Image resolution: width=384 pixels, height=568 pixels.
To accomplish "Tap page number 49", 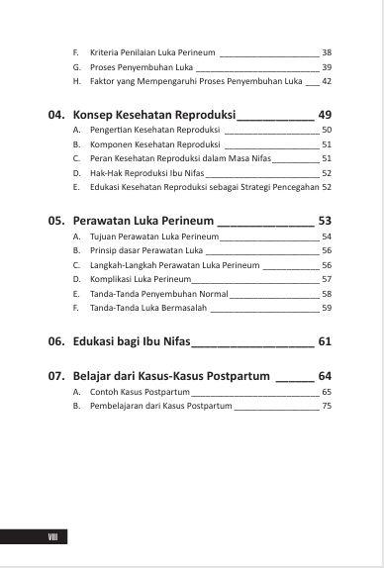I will coord(324,116).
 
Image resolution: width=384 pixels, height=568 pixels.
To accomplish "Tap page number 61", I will coord(324,341).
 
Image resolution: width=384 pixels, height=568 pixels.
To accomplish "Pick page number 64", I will coord(324,376).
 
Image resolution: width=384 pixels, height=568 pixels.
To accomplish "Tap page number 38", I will coord(327,51).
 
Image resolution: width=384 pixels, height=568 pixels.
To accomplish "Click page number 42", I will coord(327,80).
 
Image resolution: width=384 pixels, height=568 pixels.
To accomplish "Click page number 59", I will coord(327,308).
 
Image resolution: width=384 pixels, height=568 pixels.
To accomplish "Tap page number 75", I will coord(327,407).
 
